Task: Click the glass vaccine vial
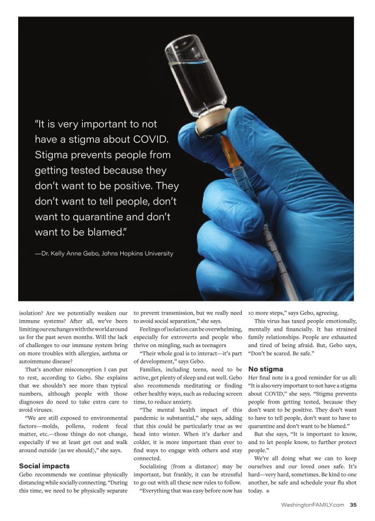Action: (198, 70)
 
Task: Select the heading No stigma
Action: (266, 369)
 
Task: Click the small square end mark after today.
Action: (268, 490)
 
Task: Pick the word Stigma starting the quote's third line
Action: (53, 156)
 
